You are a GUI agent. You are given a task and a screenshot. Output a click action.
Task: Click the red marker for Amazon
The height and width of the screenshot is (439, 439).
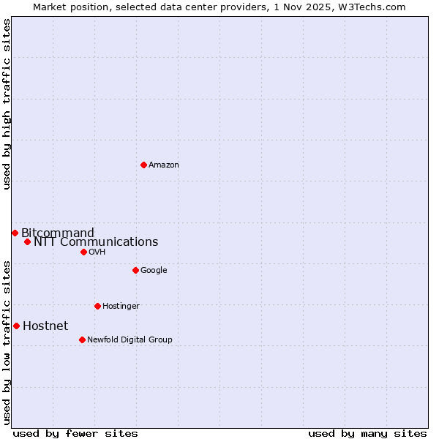143,165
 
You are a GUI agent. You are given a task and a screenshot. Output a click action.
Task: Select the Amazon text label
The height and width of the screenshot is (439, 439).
164,165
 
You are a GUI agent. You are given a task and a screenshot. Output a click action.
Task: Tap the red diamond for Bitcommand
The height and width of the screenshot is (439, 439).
15,233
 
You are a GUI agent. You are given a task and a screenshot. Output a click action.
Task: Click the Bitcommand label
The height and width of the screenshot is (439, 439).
58,233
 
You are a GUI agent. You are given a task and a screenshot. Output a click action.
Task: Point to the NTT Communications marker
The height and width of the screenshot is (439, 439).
27,241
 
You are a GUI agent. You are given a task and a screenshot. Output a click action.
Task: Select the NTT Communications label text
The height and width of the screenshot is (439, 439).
96,242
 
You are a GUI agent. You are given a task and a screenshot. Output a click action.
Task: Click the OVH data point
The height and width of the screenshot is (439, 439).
83,252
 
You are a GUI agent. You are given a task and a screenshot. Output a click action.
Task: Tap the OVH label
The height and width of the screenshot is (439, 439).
97,252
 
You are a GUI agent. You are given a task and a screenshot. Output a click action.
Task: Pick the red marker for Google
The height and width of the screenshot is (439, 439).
135,270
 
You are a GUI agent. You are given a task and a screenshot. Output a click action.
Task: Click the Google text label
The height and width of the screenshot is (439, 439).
154,271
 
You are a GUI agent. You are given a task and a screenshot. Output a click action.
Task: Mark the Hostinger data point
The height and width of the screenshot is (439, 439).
97,306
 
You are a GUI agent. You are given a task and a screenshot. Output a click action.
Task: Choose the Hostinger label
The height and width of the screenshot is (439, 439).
121,307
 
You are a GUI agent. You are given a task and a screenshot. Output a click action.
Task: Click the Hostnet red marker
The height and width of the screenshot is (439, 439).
16,326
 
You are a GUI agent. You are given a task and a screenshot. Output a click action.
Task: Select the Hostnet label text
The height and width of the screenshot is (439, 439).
45,326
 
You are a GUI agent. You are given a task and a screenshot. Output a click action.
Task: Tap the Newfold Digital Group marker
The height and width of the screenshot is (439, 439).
82,339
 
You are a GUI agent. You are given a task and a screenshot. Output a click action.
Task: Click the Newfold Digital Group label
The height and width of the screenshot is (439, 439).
130,340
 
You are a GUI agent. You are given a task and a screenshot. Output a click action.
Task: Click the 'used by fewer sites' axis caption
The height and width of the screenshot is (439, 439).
75,434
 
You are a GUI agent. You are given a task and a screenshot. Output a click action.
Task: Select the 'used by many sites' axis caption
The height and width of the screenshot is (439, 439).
367,434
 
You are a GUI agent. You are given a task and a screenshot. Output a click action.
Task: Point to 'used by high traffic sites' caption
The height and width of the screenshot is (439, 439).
7,104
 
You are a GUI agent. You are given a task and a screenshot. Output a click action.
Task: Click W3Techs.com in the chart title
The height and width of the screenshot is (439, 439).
369,7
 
